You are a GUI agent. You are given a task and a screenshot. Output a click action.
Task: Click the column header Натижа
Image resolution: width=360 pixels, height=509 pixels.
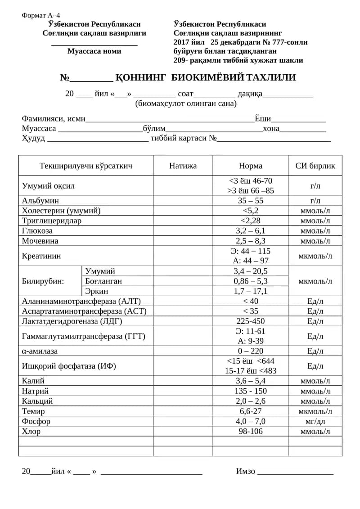pos(183,166)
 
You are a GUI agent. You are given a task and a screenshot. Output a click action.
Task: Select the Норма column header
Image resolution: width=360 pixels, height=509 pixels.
pos(250,166)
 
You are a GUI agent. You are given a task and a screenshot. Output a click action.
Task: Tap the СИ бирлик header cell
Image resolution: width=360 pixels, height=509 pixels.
pos(315,166)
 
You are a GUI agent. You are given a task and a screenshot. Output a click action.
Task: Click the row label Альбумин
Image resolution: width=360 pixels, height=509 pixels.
pos(40,201)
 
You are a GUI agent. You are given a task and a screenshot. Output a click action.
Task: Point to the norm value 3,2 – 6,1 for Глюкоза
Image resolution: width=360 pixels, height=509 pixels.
pos(250,231)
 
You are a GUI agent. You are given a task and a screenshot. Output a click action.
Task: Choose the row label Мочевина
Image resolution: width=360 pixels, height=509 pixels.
pos(40,241)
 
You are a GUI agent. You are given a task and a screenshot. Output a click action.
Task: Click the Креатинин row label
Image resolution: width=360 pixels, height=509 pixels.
pos(41,256)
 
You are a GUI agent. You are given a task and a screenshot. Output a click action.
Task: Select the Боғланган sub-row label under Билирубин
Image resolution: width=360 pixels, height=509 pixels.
pos(103,281)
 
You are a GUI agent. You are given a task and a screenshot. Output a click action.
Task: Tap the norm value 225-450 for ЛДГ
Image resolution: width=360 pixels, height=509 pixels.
pos(250,321)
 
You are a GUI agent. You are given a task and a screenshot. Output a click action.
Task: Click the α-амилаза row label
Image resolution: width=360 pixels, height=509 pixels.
pos(40,351)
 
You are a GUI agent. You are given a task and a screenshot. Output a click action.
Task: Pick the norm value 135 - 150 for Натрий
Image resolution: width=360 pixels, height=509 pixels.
pos(250,391)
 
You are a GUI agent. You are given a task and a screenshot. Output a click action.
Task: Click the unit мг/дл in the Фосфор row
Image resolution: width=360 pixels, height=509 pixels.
pos(315,421)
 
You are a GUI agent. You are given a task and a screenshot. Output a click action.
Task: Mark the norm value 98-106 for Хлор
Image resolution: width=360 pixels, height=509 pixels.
pos(250,431)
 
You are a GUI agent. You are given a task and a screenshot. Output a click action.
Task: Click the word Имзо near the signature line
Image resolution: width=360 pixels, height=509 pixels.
pos(246,471)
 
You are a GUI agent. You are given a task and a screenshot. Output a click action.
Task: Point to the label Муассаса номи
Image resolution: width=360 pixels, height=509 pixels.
pos(94,51)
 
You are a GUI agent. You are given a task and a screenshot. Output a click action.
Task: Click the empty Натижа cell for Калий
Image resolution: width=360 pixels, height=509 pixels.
pos(183,381)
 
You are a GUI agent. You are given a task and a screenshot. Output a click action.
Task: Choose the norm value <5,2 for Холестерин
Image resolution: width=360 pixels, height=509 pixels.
pos(250,211)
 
